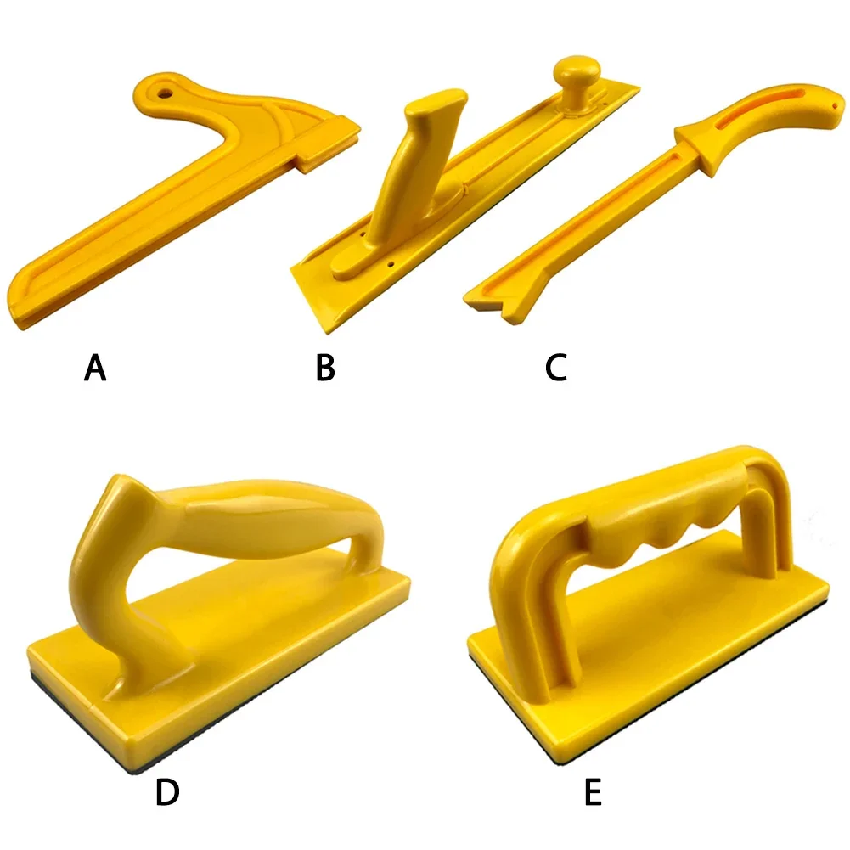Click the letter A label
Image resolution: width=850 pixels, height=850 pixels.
pos(95,369)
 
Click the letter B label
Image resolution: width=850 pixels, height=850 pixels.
pos(325,369)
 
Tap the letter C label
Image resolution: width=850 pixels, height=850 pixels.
pos(556,369)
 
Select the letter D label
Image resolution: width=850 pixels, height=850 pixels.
pos(167,792)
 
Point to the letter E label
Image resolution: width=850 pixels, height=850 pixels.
pos(592,792)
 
